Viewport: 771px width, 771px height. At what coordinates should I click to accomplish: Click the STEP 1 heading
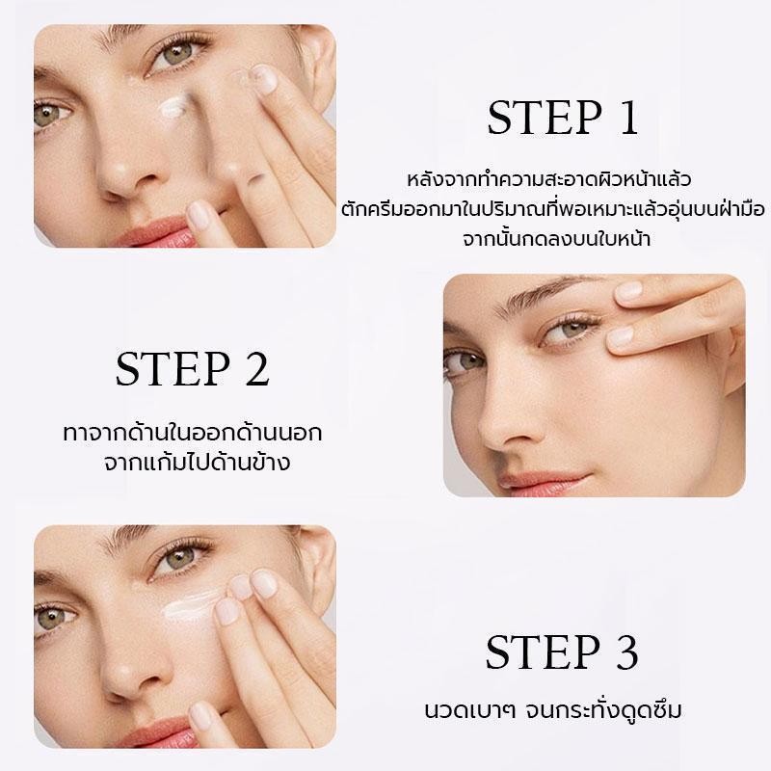563,118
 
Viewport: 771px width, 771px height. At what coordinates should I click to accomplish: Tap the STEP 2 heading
192,368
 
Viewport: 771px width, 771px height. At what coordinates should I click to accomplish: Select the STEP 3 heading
562,652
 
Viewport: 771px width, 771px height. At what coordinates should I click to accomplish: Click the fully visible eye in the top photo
179,53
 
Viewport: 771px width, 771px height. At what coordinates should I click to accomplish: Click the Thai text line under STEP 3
553,710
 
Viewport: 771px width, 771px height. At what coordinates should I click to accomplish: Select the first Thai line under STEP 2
193,433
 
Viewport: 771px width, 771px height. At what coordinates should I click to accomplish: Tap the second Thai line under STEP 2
198,463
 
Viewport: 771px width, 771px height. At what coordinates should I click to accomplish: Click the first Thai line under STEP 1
549,179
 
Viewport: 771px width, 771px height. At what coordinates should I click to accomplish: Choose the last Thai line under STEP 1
557,239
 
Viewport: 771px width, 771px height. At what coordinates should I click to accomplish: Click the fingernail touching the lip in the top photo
199,215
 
